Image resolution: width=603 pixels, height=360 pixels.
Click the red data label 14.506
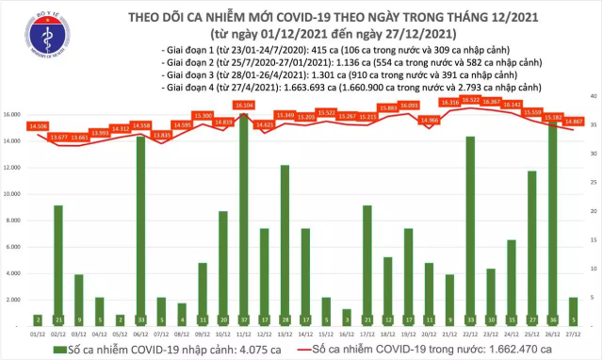[39, 125]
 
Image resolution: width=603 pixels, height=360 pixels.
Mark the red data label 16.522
[470, 100]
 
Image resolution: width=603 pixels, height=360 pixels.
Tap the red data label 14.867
[572, 121]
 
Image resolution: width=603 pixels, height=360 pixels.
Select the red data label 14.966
[429, 121]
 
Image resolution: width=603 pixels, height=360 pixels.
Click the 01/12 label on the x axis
[39, 333]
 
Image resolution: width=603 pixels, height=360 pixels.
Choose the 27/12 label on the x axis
[572, 333]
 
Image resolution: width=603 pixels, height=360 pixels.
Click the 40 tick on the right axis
[591, 96]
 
